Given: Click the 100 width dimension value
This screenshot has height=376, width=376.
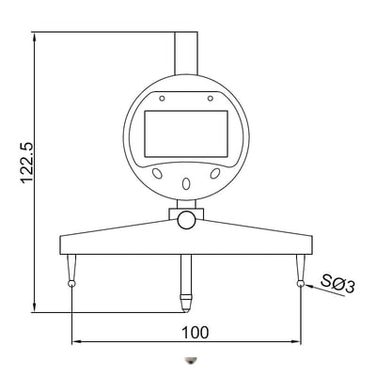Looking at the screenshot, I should (x=196, y=332).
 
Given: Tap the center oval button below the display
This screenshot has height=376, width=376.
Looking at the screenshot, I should (x=185, y=182).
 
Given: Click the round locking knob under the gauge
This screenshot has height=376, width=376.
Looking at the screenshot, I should (x=186, y=219).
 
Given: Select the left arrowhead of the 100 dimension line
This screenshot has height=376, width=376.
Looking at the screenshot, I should (x=75, y=342).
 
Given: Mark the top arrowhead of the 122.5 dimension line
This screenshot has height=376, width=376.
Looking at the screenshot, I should (x=34, y=37).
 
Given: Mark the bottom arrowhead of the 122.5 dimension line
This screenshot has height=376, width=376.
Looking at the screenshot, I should (x=34, y=308).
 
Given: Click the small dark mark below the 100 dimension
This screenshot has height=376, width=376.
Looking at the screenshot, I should (x=191, y=359).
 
